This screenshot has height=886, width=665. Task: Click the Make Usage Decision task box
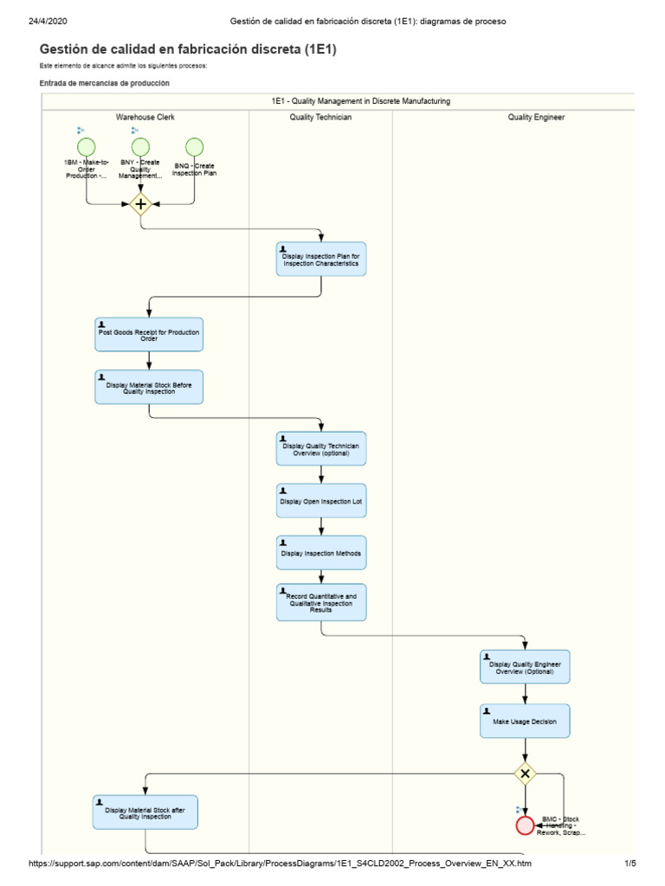coord(525,721)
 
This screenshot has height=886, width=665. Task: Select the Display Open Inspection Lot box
coord(321,501)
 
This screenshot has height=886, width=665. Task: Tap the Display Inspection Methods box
coord(321,553)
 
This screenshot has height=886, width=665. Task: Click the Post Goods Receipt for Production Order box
coord(149,335)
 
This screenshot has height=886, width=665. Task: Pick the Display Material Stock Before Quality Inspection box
coord(149,387)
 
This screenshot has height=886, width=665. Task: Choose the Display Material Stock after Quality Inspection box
coord(145,812)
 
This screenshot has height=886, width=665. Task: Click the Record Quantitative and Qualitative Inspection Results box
coord(321,602)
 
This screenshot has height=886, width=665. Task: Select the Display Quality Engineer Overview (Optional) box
coord(525,667)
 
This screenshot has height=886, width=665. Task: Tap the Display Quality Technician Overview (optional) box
coord(321,449)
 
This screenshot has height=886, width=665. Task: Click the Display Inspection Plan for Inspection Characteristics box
coord(321,259)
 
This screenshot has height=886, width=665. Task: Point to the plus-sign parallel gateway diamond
coord(140,204)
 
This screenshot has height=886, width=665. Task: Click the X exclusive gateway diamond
coord(525,773)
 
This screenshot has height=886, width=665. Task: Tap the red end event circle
coord(525,825)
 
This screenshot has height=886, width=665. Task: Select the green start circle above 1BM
coord(87,147)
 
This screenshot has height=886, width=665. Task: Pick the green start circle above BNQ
coord(194,147)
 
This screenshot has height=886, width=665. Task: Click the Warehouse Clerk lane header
coord(145,117)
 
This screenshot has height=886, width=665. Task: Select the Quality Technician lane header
coord(320,117)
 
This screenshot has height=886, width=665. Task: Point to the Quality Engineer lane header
coord(536,117)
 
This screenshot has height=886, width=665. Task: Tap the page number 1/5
coord(630,864)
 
